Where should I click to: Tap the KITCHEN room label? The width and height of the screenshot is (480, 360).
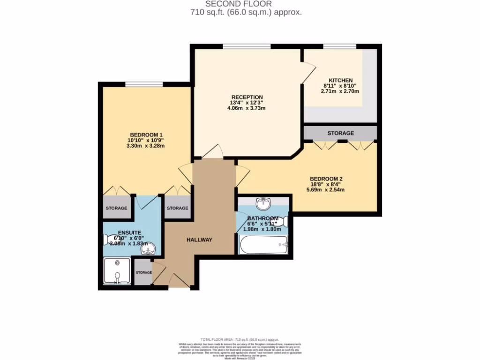point(340,80)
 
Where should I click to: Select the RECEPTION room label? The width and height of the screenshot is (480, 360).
point(246,97)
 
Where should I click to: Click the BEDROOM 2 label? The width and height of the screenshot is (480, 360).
point(326,179)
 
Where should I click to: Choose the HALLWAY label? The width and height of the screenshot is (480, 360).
point(199,240)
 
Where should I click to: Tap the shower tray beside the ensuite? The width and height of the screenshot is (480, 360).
point(117,271)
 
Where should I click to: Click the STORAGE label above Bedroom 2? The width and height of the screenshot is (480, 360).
point(340,133)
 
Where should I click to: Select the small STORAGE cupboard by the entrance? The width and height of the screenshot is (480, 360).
point(143,272)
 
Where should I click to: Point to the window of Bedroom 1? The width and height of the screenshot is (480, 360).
point(144,84)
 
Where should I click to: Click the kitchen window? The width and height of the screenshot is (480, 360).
point(339,46)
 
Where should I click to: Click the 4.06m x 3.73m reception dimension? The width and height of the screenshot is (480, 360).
point(246,108)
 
